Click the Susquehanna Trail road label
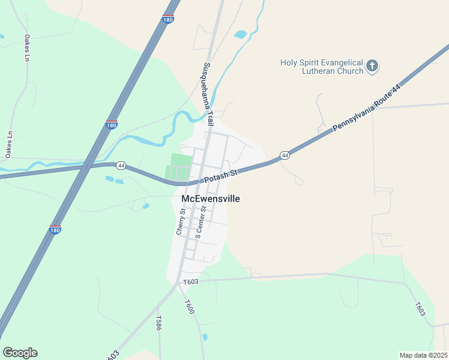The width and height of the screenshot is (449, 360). pos(208,94)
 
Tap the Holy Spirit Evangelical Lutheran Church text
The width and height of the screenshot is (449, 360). pos(322,67)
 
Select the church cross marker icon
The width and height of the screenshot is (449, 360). pos(372,66)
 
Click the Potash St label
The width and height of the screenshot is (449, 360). pos(221,175)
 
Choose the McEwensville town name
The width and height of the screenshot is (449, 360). pos(210,199)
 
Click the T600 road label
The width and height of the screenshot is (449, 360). pos(190,307)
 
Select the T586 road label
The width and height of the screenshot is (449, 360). pos(158,323)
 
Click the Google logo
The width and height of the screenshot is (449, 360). pos(20,353)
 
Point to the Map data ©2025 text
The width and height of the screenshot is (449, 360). pos(423,355)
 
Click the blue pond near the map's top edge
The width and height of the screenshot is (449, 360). pos(241,34)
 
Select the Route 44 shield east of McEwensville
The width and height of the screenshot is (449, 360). pos(285,155)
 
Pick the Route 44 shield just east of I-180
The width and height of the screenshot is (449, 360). pos(121,165)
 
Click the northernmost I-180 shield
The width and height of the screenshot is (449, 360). pos(169,19)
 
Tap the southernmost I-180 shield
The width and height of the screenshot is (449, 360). pos(55,229)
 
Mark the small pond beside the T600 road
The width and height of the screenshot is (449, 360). pos(205,337)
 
